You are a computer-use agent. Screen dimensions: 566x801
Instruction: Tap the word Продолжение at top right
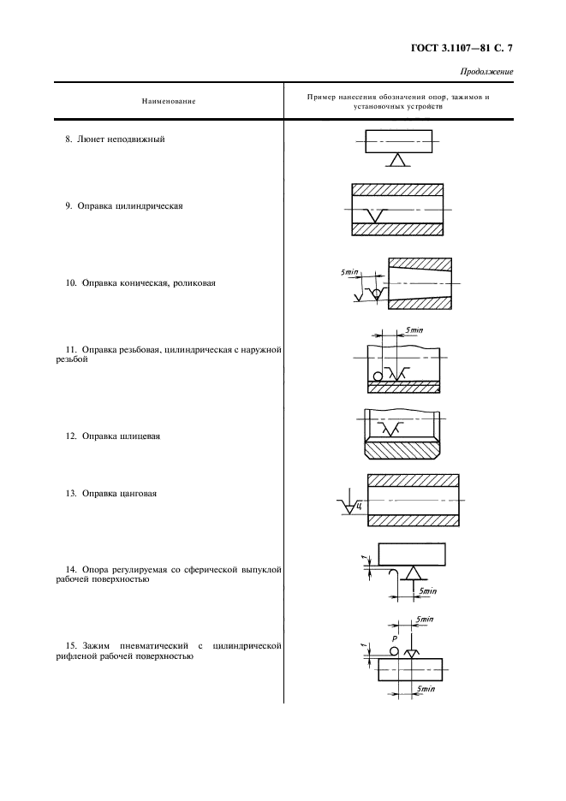486,72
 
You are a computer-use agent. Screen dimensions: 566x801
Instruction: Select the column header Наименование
169,101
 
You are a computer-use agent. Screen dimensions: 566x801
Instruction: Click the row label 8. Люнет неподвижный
115,139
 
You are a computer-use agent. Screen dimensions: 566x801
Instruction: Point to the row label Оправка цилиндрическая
130,206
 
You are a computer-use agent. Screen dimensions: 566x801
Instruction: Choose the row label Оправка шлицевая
121,436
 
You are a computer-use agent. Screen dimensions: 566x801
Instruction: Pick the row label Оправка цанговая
119,494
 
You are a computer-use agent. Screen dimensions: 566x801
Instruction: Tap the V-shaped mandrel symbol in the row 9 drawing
378,215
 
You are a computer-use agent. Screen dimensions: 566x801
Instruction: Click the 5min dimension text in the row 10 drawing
349,272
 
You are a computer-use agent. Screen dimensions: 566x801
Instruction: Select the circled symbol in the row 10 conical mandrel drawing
377,294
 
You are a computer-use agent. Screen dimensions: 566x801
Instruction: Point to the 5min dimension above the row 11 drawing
414,330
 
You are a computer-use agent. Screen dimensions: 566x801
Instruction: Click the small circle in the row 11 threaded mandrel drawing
378,377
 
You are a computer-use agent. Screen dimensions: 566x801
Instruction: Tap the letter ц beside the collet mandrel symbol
360,507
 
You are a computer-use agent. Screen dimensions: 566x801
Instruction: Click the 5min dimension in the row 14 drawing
427,591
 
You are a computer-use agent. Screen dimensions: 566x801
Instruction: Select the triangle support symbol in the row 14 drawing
412,573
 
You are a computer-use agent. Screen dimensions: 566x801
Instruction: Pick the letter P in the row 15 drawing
394,639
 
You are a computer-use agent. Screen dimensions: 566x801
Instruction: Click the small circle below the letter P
394,650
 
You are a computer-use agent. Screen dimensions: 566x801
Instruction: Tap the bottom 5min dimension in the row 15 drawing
426,689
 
